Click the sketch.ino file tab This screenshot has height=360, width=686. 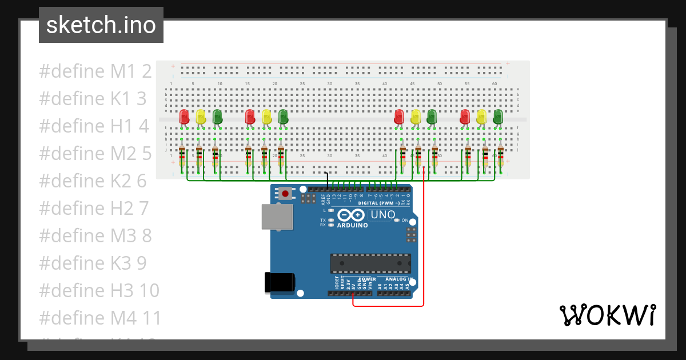[x=101, y=25]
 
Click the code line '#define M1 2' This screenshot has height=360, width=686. [x=95, y=71]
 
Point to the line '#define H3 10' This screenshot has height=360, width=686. [x=99, y=290]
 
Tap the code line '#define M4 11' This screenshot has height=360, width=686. [x=101, y=318]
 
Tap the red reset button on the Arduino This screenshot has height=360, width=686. [x=285, y=194]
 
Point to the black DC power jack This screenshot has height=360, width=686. [x=280, y=284]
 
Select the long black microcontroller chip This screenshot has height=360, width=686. [x=370, y=263]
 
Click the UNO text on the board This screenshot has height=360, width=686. [x=382, y=215]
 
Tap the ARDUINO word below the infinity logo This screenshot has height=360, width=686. [x=352, y=225]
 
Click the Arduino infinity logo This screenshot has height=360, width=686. [x=351, y=215]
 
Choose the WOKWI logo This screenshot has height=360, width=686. [x=607, y=315]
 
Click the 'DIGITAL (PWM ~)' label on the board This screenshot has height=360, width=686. [x=379, y=203]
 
